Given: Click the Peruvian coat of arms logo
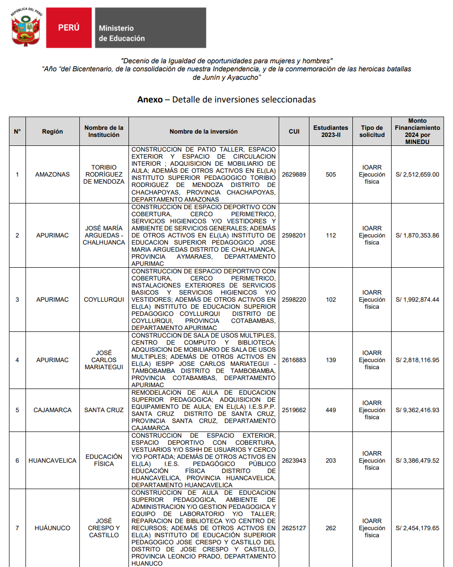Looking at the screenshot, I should pos(26,27).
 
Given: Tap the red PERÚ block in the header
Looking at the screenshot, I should pos(68,28).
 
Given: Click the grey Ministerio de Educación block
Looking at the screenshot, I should pos(150,28).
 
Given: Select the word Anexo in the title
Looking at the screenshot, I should pos(150,99).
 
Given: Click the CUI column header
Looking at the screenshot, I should pos(294,131).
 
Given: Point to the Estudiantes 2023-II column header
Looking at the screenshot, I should pos(331,131).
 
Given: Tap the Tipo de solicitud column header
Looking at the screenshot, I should pos(372,131).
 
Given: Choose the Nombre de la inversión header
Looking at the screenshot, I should pos(204,131).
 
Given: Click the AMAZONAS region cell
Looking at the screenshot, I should pos(52,174).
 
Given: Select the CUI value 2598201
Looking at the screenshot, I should pos(294,235).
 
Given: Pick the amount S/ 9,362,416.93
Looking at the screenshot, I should pos(417,410).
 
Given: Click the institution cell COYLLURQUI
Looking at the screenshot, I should pos(104,299).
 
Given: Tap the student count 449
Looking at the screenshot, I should pos(331,410).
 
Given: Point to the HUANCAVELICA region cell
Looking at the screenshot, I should pos(52,460).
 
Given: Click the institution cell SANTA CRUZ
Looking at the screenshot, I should pos(104,410).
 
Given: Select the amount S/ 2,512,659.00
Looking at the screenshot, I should pos(417,174).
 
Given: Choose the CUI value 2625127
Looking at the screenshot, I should pos(294,528).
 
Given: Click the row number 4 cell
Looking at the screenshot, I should pos(17,360).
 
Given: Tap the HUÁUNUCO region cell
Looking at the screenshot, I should pos(52,528).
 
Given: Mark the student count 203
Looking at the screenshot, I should pos(331,460).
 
